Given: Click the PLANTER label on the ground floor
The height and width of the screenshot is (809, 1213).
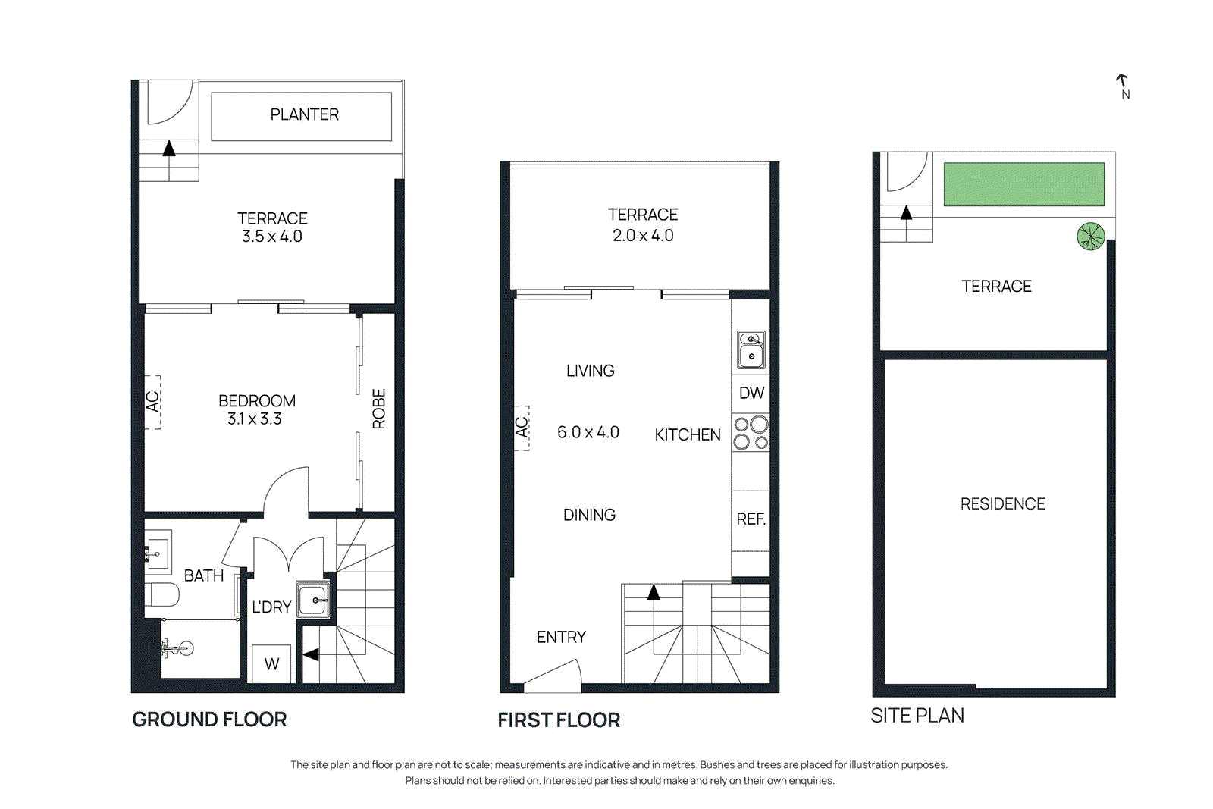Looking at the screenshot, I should [304, 114].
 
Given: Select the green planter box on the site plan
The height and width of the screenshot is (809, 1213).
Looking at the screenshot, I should [1023, 184].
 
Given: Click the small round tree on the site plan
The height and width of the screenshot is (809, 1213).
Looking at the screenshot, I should [1090, 237].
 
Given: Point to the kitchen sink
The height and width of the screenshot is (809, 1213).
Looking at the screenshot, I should [751, 350].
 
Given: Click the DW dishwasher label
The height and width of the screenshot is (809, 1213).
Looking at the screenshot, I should [751, 393].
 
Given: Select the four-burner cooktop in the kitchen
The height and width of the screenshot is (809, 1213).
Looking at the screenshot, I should [751, 432].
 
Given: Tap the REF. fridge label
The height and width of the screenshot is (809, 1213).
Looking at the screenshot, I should [751, 519].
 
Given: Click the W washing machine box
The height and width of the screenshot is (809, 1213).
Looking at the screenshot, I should [271, 664].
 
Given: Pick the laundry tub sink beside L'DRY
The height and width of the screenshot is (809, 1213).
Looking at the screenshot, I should [313, 600].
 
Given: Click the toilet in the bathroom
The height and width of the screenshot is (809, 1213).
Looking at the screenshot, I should [162, 594].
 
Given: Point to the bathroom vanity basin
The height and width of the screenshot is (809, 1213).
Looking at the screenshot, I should [158, 553].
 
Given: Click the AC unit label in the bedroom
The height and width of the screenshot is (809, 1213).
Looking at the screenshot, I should [152, 402].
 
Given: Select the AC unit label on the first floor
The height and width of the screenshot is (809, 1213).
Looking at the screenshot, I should [522, 428].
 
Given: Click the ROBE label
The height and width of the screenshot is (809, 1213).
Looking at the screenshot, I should [379, 409].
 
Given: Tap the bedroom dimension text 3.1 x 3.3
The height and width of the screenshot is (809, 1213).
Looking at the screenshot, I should [255, 419].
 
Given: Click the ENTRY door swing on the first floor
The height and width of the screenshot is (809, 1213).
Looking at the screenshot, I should [553, 677].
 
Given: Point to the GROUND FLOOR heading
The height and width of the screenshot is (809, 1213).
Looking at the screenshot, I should [209, 720].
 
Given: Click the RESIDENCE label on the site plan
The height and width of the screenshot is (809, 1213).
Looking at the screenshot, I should [1002, 504].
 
